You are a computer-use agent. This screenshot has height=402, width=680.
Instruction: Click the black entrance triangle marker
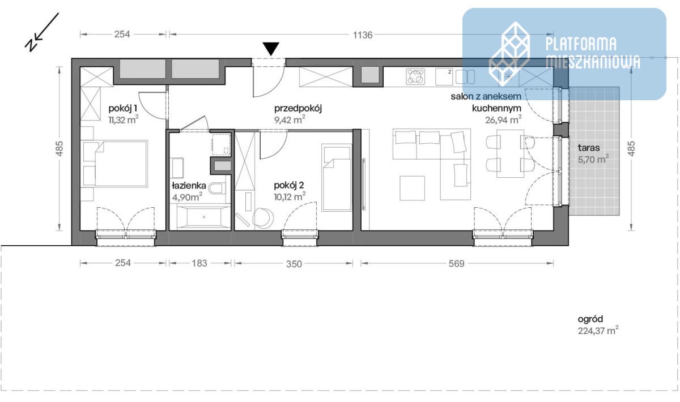pyautogui.click(x=271, y=49)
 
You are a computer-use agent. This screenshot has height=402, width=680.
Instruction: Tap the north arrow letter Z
pyautogui.click(x=31, y=45)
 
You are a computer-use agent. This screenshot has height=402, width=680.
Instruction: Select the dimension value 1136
pyautogui.click(x=363, y=35)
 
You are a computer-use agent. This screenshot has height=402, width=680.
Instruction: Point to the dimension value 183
pyautogui.click(x=199, y=263)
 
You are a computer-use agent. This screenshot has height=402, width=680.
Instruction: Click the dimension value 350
pyautogui.click(x=294, y=264)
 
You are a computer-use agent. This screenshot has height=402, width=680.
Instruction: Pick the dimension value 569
pyautogui.click(x=457, y=264)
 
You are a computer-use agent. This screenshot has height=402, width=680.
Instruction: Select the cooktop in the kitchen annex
pyautogui.click(x=415, y=76)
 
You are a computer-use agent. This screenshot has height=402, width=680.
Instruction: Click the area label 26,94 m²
pyautogui.click(x=503, y=120)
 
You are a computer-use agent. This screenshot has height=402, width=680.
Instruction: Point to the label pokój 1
pyautogui.click(x=122, y=108)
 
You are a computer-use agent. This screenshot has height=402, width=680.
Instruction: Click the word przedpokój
pyautogui.click(x=298, y=108)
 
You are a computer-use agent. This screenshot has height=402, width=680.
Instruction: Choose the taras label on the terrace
pyautogui.click(x=589, y=148)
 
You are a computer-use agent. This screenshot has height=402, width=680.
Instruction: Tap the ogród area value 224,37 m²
pyautogui.click(x=598, y=331)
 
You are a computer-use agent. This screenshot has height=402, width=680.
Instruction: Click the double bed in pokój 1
pyautogui.click(x=116, y=163)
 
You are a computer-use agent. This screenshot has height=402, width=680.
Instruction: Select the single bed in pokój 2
pyautogui.click(x=337, y=177)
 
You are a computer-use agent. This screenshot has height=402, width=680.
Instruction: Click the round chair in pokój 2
pyautogui.click(x=263, y=217)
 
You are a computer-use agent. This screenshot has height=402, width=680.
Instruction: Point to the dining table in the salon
pyautogui.click(x=510, y=153)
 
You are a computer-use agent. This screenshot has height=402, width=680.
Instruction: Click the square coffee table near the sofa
pyautogui.click(x=412, y=188)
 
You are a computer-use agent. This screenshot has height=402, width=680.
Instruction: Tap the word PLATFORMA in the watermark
pyautogui.click(x=581, y=44)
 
